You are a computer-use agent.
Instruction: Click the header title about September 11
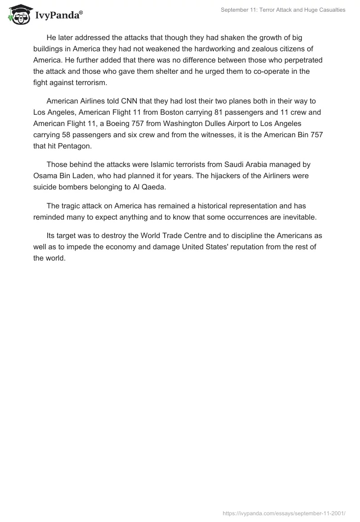point(283,10)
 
